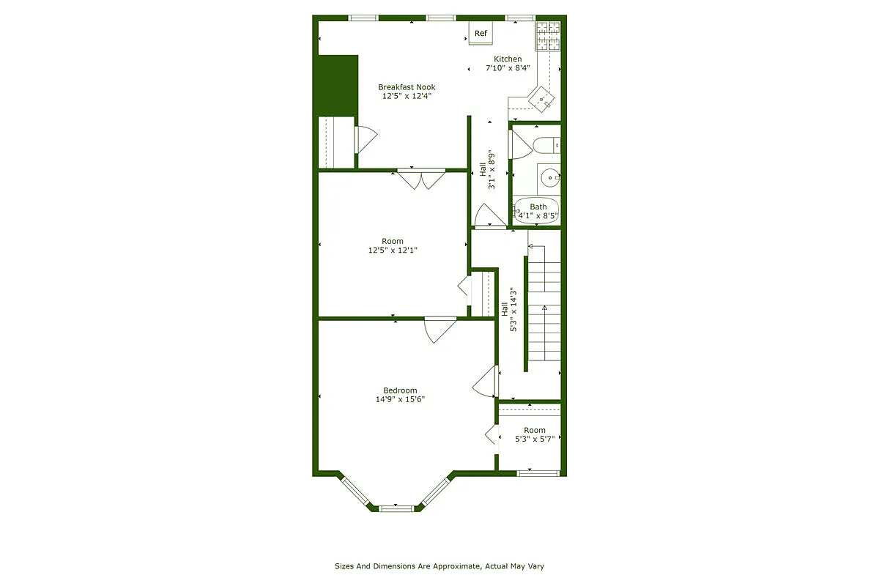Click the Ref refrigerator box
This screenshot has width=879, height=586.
point(481,33)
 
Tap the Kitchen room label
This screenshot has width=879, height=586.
point(508,59)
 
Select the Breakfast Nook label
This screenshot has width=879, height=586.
point(407,87)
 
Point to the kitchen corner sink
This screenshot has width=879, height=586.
point(543,97)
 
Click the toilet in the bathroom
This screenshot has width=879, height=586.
point(546,145)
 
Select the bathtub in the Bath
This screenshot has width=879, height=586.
point(537,210)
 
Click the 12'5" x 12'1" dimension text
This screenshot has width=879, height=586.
point(393,251)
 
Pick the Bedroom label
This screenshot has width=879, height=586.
point(400,390)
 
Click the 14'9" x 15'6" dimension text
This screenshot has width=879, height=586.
point(400,400)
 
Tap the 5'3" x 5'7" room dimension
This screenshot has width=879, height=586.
point(535,439)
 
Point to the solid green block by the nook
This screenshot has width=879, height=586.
point(336,85)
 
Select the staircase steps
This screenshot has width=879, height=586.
point(544,308)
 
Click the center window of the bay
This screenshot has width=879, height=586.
point(396,507)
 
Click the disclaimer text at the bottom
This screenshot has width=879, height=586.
point(439,566)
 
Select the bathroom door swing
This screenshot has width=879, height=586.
point(519,145)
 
